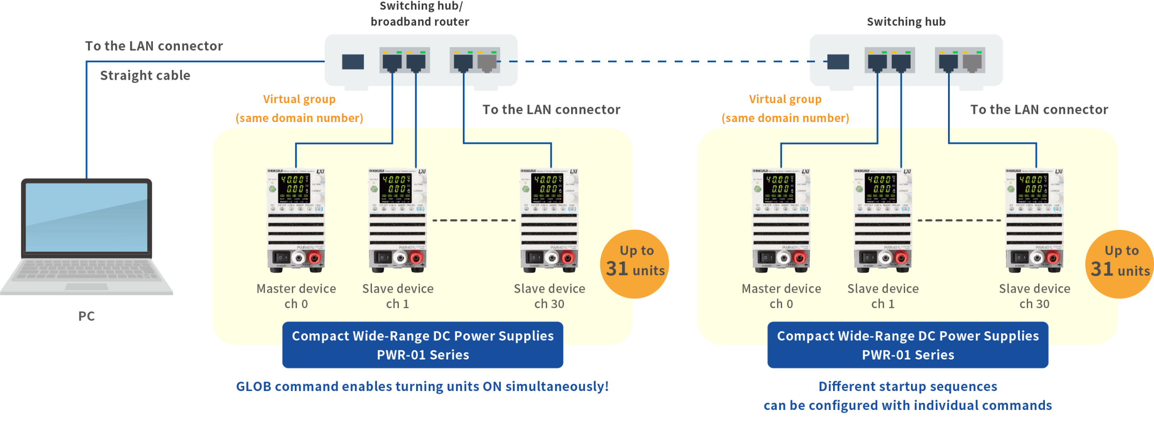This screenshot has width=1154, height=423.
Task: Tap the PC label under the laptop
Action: coord(87,316)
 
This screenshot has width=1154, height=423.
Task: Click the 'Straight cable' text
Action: coord(145,75)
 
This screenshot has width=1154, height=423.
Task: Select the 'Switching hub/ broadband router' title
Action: coord(420,14)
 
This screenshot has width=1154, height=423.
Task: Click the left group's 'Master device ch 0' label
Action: coord(296,296)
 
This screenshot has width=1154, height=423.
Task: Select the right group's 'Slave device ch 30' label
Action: coord(1035,296)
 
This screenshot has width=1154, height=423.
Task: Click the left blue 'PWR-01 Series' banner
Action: coord(423,345)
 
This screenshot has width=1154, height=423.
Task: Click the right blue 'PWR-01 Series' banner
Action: coord(908,345)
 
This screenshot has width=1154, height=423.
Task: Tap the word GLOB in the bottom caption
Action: coord(254,387)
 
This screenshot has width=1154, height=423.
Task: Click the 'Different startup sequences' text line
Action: coord(908,387)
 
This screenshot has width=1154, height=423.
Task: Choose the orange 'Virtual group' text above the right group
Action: coord(785,99)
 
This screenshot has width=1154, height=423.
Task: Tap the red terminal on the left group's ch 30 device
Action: coord(568,258)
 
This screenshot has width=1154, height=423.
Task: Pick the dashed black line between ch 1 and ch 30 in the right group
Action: coord(959,220)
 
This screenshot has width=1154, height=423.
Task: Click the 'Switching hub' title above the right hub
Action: coord(906,22)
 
